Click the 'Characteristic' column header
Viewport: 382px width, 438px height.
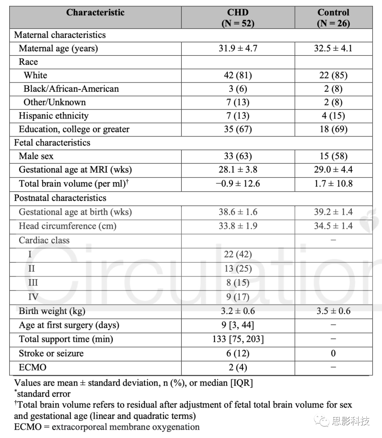[95, 13]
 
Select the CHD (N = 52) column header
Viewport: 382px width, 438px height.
[238, 18]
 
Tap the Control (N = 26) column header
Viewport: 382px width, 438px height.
[333, 18]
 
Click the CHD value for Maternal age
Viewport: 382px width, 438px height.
[238, 48]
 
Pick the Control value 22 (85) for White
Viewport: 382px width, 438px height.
[333, 75]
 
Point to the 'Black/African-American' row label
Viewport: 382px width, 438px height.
[71, 89]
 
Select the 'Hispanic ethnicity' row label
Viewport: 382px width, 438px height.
[53, 116]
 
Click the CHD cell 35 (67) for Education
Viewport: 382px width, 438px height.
[238, 129]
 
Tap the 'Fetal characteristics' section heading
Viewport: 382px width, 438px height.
[52, 143]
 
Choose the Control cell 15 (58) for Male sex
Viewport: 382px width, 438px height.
[333, 156]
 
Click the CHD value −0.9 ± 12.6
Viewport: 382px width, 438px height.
[238, 184]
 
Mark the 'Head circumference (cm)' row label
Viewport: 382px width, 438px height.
[67, 226]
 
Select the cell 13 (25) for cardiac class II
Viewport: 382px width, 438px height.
[238, 269]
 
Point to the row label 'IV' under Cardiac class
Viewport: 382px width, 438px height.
[33, 297]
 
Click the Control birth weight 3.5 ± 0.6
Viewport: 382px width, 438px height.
[333, 311]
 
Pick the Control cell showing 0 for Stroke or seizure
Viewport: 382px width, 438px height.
[333, 353]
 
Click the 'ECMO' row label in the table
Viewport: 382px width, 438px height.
[33, 368]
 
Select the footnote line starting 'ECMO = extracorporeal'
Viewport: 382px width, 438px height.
[106, 427]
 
